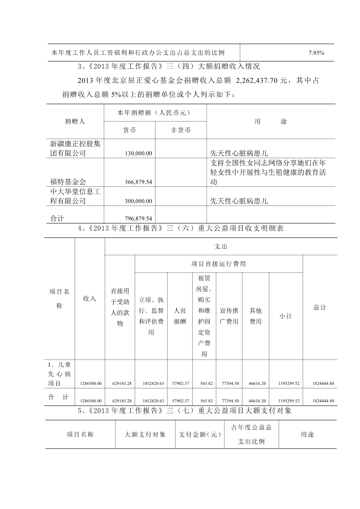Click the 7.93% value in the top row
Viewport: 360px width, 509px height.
(316, 53)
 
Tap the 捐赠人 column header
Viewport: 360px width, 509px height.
(75, 121)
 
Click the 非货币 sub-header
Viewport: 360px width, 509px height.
(181, 130)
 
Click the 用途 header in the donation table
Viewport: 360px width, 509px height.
(271, 121)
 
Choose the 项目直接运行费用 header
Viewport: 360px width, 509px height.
(218, 264)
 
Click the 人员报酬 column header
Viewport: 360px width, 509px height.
(180, 316)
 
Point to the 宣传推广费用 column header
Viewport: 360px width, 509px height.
(229, 316)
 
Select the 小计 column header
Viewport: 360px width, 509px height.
(285, 316)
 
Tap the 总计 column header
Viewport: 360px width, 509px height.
(319, 307)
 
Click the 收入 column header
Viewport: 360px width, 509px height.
(89, 299)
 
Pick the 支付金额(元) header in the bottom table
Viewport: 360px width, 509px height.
(200, 435)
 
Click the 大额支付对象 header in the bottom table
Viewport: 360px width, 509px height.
(145, 435)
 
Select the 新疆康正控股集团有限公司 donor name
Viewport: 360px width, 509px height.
(75, 148)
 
